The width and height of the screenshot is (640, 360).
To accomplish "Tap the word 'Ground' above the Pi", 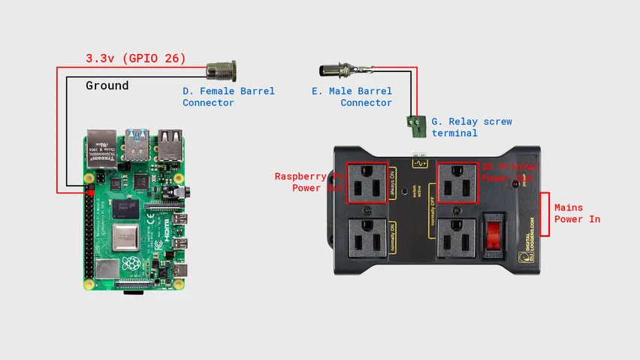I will coord(107,86).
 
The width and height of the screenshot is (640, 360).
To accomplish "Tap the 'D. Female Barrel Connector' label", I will coord(228,97).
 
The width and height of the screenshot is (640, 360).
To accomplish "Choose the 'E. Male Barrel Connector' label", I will coord(352,97).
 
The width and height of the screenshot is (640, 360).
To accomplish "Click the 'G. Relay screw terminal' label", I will coord(472,127).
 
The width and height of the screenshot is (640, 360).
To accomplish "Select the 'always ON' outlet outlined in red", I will coord(367,183).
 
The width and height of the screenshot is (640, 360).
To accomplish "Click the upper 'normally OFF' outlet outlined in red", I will coord(457,183).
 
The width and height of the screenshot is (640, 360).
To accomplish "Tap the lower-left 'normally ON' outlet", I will coord(367,241).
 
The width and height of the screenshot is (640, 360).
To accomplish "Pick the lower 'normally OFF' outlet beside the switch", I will coord(457,241).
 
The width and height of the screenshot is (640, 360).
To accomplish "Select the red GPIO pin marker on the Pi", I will coord(91,193).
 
